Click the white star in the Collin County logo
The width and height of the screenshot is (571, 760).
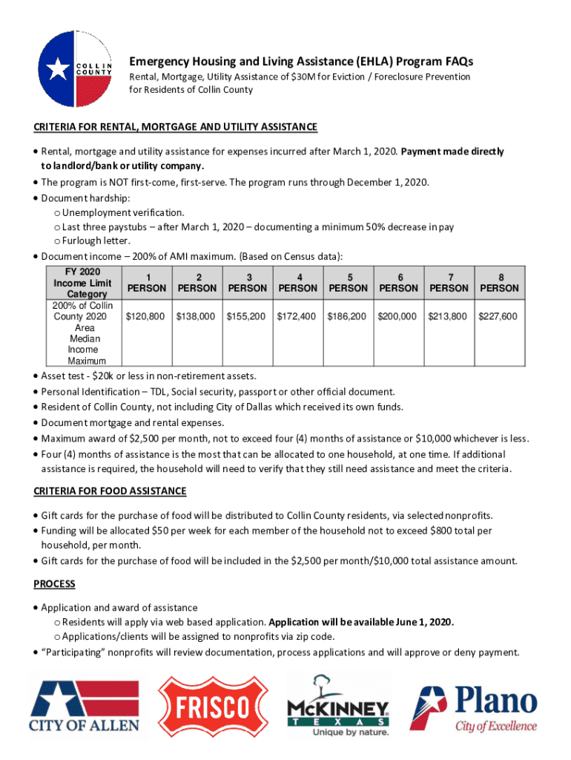58,71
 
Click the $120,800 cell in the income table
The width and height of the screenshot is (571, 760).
145,316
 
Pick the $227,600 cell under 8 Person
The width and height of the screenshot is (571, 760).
498,316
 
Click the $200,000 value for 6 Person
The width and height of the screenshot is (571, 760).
397,316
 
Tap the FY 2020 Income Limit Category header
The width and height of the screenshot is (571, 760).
82,283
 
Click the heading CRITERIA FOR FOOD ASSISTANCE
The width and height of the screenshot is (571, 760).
110,491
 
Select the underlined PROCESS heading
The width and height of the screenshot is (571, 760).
54,584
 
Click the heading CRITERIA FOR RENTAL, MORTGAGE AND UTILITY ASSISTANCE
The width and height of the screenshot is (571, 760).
176,127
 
